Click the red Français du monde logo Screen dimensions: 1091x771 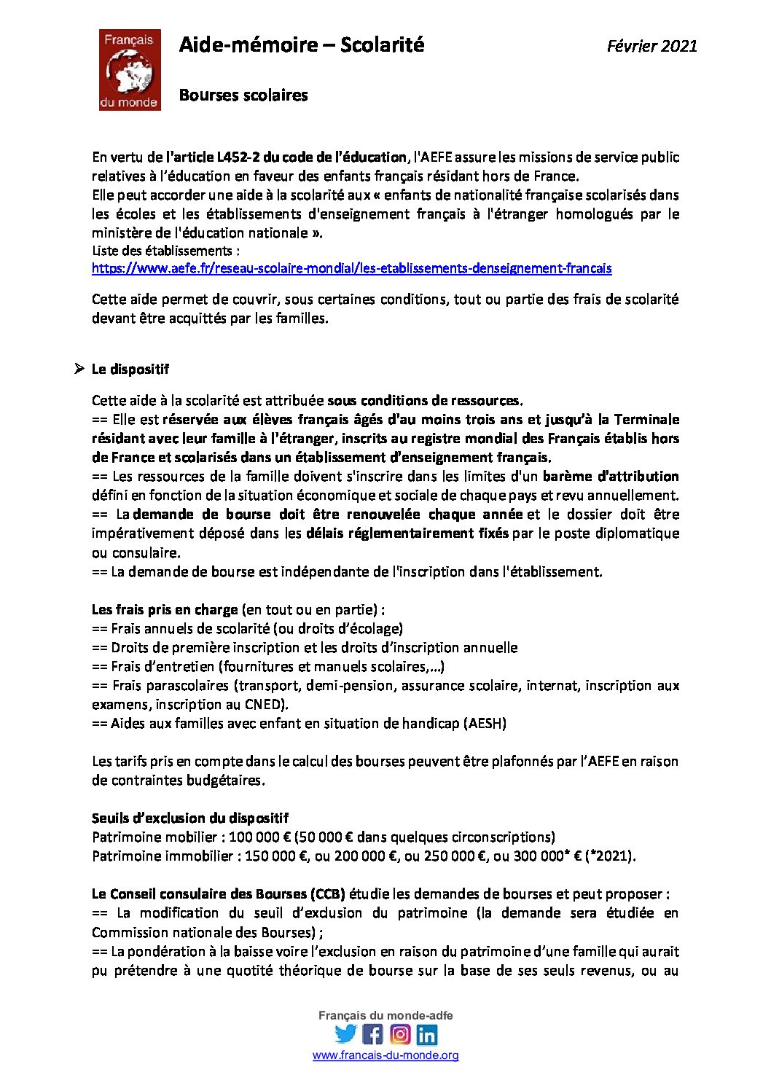[x=130, y=70]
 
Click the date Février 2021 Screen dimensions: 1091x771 [x=651, y=46]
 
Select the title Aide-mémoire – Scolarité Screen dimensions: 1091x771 [x=301, y=45]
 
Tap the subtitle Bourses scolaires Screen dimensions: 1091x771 [x=243, y=95]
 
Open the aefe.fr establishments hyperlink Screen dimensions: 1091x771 [x=351, y=268]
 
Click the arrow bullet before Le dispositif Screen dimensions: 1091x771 [x=79, y=369]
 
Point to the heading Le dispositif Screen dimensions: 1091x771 [x=130, y=369]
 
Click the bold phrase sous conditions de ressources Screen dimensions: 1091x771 [x=424, y=400]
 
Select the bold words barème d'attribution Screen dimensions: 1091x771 [x=611, y=477]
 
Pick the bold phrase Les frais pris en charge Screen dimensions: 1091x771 [x=165, y=609]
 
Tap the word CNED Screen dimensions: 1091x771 [x=265, y=705]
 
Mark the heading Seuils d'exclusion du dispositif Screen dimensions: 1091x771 [x=190, y=818]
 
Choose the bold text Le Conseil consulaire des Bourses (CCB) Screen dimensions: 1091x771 [x=218, y=894]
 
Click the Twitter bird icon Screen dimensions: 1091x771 [x=345, y=1034]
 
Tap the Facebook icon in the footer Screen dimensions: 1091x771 [x=372, y=1034]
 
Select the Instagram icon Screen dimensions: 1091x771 [x=400, y=1034]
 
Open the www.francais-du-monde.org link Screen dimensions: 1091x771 [x=385, y=1055]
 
